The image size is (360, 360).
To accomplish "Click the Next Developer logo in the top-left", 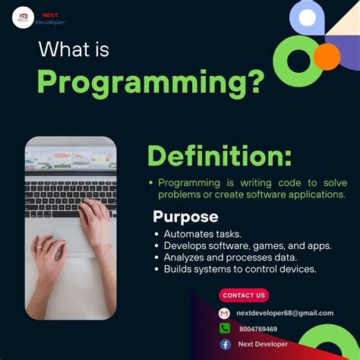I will (x=24, y=17).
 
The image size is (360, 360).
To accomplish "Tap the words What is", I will (x=74, y=50).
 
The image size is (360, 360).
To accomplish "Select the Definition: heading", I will (x=219, y=156).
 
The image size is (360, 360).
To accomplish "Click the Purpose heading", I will (x=185, y=216).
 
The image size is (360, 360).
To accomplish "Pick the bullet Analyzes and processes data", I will (x=230, y=257).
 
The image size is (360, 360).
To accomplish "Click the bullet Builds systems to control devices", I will (x=240, y=268).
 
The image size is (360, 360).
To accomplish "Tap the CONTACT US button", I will (x=244, y=295).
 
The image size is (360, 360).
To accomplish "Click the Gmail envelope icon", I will (x=225, y=313).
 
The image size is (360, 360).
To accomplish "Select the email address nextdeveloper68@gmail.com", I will (x=285, y=313).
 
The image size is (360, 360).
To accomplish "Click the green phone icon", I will (x=225, y=329).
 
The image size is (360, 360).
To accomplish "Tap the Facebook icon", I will (x=225, y=344).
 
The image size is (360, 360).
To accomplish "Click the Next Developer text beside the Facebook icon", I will (x=263, y=344).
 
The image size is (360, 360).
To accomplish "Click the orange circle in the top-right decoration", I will (x=327, y=56).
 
